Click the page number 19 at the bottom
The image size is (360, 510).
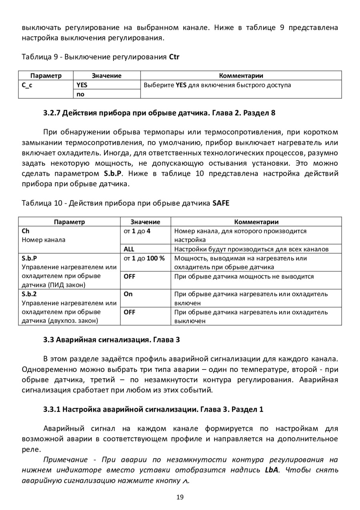tap(180, 497)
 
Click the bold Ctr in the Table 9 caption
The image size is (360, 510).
tap(174, 57)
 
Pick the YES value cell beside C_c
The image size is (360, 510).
tap(82, 85)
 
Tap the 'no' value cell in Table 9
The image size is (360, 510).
tap(80, 94)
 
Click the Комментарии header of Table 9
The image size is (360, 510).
tap(241, 76)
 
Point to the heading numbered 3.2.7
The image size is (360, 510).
tap(159, 112)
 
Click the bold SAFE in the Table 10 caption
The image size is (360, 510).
tap(221, 203)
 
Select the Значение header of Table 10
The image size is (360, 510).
tap(145, 222)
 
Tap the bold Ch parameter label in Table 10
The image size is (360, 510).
tap(26, 231)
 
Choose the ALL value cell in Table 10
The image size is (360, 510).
tap(129, 249)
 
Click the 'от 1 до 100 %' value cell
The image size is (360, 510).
tap(144, 258)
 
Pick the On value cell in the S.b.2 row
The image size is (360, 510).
tap(128, 294)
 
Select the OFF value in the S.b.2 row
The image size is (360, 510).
tap(130, 312)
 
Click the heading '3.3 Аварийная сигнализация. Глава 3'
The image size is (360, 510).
tap(112, 341)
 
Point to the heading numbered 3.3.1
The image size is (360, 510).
tap(153, 410)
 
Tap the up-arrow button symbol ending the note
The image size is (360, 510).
tap(185, 481)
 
